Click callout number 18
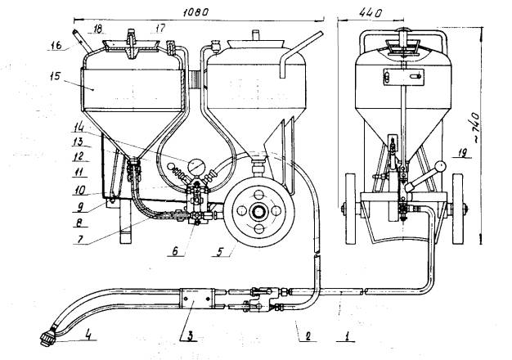click(97, 29)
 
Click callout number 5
click(215, 252)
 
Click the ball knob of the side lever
click(442, 166)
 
